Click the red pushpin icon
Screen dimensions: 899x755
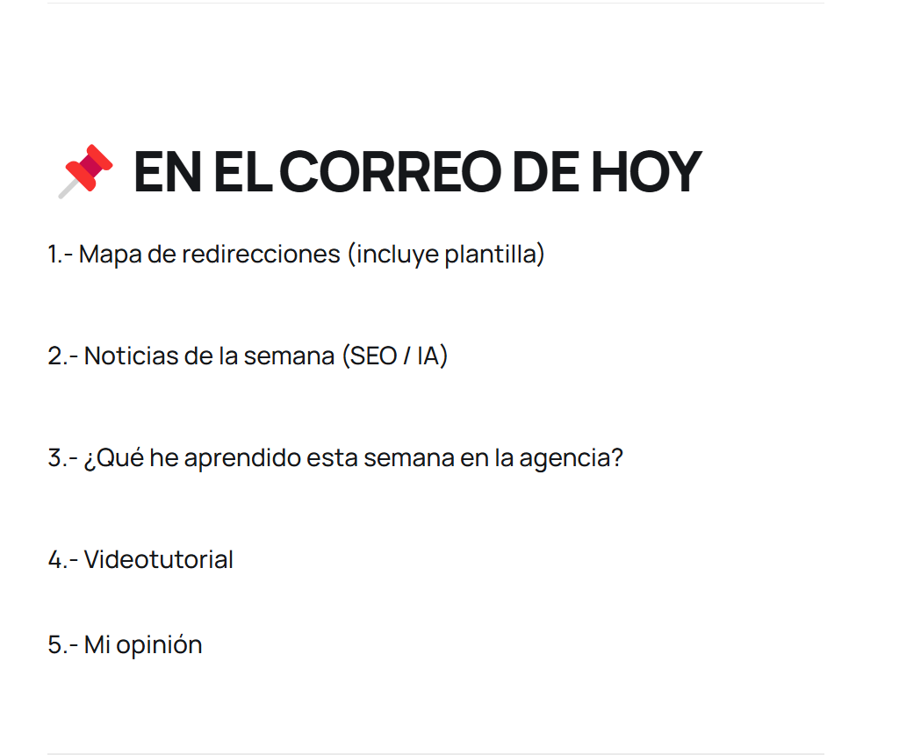86,171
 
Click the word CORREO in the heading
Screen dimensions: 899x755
391,171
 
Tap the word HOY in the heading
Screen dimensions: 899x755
646,171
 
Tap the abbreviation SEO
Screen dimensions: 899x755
373,356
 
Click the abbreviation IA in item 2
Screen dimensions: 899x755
428,356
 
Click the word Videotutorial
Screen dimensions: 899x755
159,559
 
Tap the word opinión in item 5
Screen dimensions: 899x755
160,645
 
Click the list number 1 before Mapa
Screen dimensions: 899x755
54,255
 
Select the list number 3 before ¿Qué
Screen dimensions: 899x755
54,458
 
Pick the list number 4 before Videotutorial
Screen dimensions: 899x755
55,560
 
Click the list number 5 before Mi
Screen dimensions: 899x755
54,645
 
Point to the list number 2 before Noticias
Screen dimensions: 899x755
54,356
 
